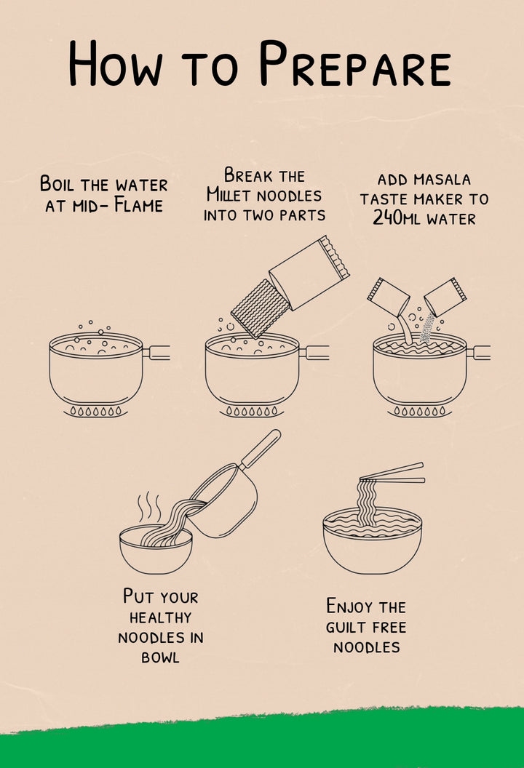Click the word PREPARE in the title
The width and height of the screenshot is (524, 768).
[355, 63]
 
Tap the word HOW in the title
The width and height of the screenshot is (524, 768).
[116, 64]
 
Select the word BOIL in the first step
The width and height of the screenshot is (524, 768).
[57, 184]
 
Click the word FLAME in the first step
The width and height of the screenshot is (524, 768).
[138, 205]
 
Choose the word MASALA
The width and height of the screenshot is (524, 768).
[442, 180]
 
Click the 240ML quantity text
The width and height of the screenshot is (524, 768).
[397, 217]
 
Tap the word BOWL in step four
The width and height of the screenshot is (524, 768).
[160, 657]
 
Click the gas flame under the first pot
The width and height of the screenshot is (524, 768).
[95, 412]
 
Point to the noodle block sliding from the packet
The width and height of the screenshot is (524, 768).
[260, 308]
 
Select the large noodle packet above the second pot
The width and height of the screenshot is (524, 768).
[309, 272]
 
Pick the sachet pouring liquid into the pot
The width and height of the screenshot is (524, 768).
[388, 297]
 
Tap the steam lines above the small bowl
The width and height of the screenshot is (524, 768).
[149, 508]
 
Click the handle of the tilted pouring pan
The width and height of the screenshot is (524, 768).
[261, 449]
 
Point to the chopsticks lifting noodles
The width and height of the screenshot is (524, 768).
[392, 473]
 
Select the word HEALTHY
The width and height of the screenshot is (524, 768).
[160, 617]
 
